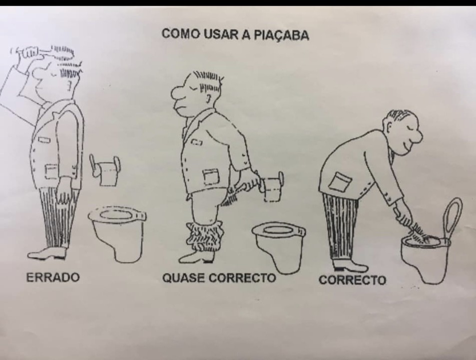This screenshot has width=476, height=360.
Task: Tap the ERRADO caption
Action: point(53,277)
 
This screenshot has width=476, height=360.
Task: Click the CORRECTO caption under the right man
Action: point(352,280)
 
